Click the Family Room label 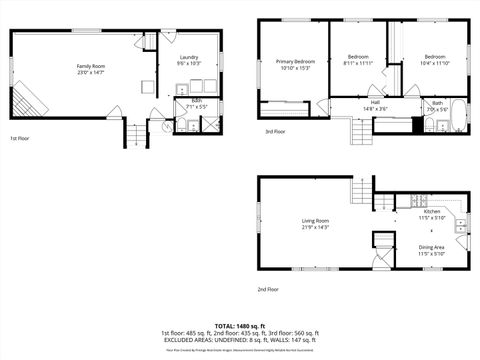coord(91,66)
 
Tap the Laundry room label coord(189,58)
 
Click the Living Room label coord(316,220)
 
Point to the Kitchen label coord(431,212)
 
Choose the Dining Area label coord(431,247)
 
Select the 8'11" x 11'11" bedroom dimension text coord(358,63)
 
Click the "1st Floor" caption coord(20,138)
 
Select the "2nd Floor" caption coord(266,289)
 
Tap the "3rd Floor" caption coord(274,131)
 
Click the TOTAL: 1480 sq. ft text coord(239,325)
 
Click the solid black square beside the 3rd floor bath coord(417,124)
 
